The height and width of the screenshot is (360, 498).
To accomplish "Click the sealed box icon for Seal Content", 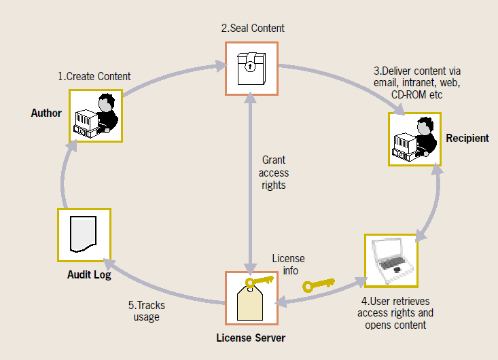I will coord(251,69).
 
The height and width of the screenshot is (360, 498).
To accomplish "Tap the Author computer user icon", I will coord(96,116).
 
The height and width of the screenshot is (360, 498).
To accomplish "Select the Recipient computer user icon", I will coord(414,139).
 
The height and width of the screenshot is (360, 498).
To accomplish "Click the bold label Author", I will coord(46,113).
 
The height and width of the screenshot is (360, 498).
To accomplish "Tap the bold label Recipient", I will coord(467,138).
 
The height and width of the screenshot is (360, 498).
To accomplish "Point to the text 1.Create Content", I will coord(94,76).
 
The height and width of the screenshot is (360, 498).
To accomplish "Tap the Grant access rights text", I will coord(274,173).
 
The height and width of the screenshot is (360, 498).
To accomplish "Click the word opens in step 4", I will coord(377,325).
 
